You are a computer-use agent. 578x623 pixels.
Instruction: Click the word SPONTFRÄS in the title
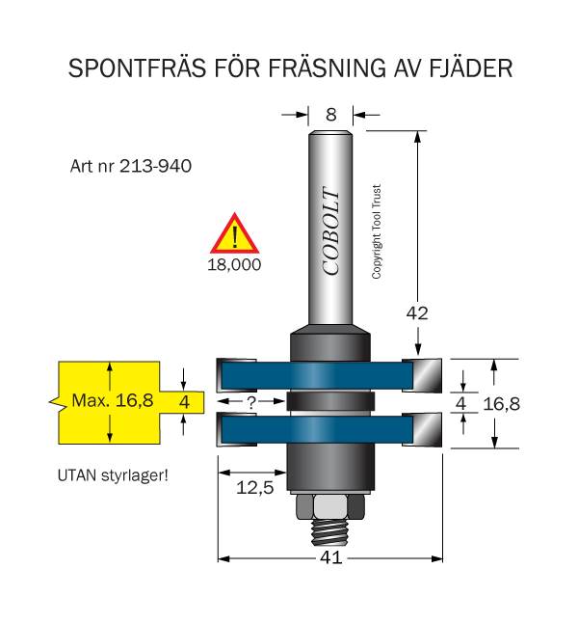point(137,68)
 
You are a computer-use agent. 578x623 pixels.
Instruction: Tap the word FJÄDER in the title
point(471,68)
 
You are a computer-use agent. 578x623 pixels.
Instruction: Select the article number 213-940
point(155,166)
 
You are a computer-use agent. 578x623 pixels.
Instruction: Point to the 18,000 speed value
point(234,264)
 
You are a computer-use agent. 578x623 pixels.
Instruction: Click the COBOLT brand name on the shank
point(330,230)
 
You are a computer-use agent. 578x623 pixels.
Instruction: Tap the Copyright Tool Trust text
point(377,231)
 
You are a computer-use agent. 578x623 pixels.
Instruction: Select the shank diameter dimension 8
point(331,115)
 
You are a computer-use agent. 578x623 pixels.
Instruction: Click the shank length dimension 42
point(417,313)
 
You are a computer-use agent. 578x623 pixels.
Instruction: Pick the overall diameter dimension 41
point(331,557)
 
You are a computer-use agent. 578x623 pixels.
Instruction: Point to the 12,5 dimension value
point(255,488)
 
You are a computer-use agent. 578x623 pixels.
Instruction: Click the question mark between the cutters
point(250,402)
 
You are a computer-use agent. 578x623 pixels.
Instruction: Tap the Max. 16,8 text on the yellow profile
point(113,400)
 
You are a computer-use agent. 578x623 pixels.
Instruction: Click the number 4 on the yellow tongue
point(184,402)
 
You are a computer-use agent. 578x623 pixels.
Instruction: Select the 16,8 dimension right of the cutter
point(501,404)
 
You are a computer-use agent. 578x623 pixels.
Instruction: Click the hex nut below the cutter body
point(330,506)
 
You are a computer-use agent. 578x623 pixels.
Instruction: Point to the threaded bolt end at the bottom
point(330,532)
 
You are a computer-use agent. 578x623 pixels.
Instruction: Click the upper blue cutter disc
point(317,375)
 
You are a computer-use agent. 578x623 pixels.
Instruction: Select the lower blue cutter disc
point(317,429)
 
